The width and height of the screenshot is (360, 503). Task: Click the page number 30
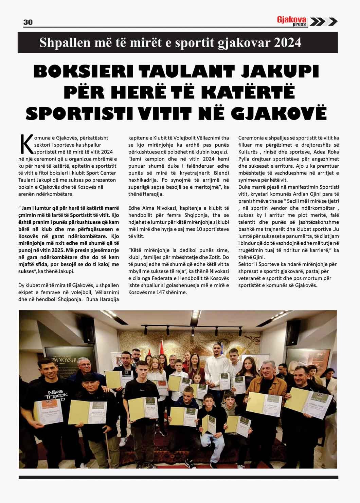coord(28,22)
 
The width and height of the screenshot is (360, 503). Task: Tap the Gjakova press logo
coord(292,21)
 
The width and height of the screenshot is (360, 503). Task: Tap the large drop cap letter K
coord(26,145)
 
